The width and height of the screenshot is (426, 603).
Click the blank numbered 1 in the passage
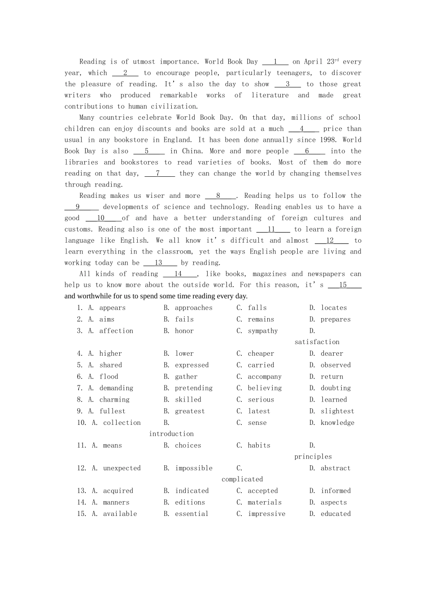275,62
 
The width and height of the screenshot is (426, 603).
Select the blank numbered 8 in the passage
220,196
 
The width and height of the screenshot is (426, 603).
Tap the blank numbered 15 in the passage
344,285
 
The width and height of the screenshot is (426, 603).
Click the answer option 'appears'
112,308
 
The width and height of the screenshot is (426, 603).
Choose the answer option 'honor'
184,331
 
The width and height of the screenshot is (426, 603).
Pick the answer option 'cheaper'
261,354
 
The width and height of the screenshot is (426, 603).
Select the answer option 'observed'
335,365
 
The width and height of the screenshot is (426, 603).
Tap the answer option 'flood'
109,377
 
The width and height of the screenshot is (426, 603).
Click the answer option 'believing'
265,388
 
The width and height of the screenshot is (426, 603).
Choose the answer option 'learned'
334,400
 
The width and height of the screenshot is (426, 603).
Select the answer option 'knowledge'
337,423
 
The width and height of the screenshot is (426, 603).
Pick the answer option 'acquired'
118,491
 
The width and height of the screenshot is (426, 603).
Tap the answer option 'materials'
265,502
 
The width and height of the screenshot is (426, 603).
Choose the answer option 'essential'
191,514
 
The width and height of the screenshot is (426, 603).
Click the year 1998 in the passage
328,140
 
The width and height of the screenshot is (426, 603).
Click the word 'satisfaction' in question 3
317,342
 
